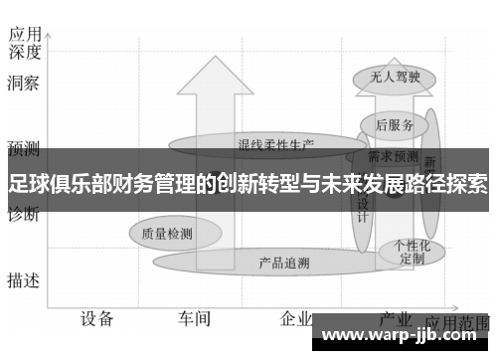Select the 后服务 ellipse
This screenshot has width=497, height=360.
[395, 125]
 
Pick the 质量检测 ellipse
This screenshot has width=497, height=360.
[166, 233]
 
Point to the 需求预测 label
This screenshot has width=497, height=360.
[393, 155]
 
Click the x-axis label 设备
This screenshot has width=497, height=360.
[97, 318]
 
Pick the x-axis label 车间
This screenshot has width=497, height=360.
[195, 318]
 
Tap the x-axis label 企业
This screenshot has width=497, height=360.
[294, 318]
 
